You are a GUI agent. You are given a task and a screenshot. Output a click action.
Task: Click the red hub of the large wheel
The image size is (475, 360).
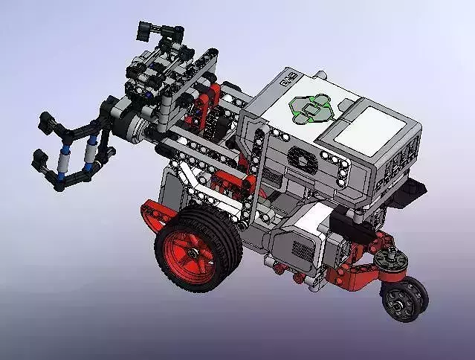tap(195, 252)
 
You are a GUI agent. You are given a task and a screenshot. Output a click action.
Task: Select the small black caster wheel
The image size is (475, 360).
tap(405, 300)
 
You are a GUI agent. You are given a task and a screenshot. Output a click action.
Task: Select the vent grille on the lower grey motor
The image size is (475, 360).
tap(298, 248)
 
